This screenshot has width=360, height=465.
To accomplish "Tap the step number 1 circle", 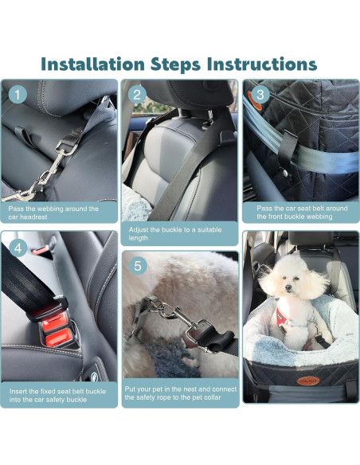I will pyautogui.click(x=18, y=96).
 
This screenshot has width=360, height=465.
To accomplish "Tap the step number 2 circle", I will pyautogui.click(x=138, y=96).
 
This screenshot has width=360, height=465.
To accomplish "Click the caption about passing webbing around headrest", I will pyautogui.click(x=60, y=213).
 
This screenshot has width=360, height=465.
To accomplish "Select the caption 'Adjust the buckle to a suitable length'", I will pyautogui.click(x=179, y=232).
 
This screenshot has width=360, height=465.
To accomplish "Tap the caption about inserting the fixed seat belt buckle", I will pyautogui.click(x=60, y=394).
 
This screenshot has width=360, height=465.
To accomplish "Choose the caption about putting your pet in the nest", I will pyautogui.click(x=179, y=393).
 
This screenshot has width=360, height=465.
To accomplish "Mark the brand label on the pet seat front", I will pyautogui.click(x=303, y=381).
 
